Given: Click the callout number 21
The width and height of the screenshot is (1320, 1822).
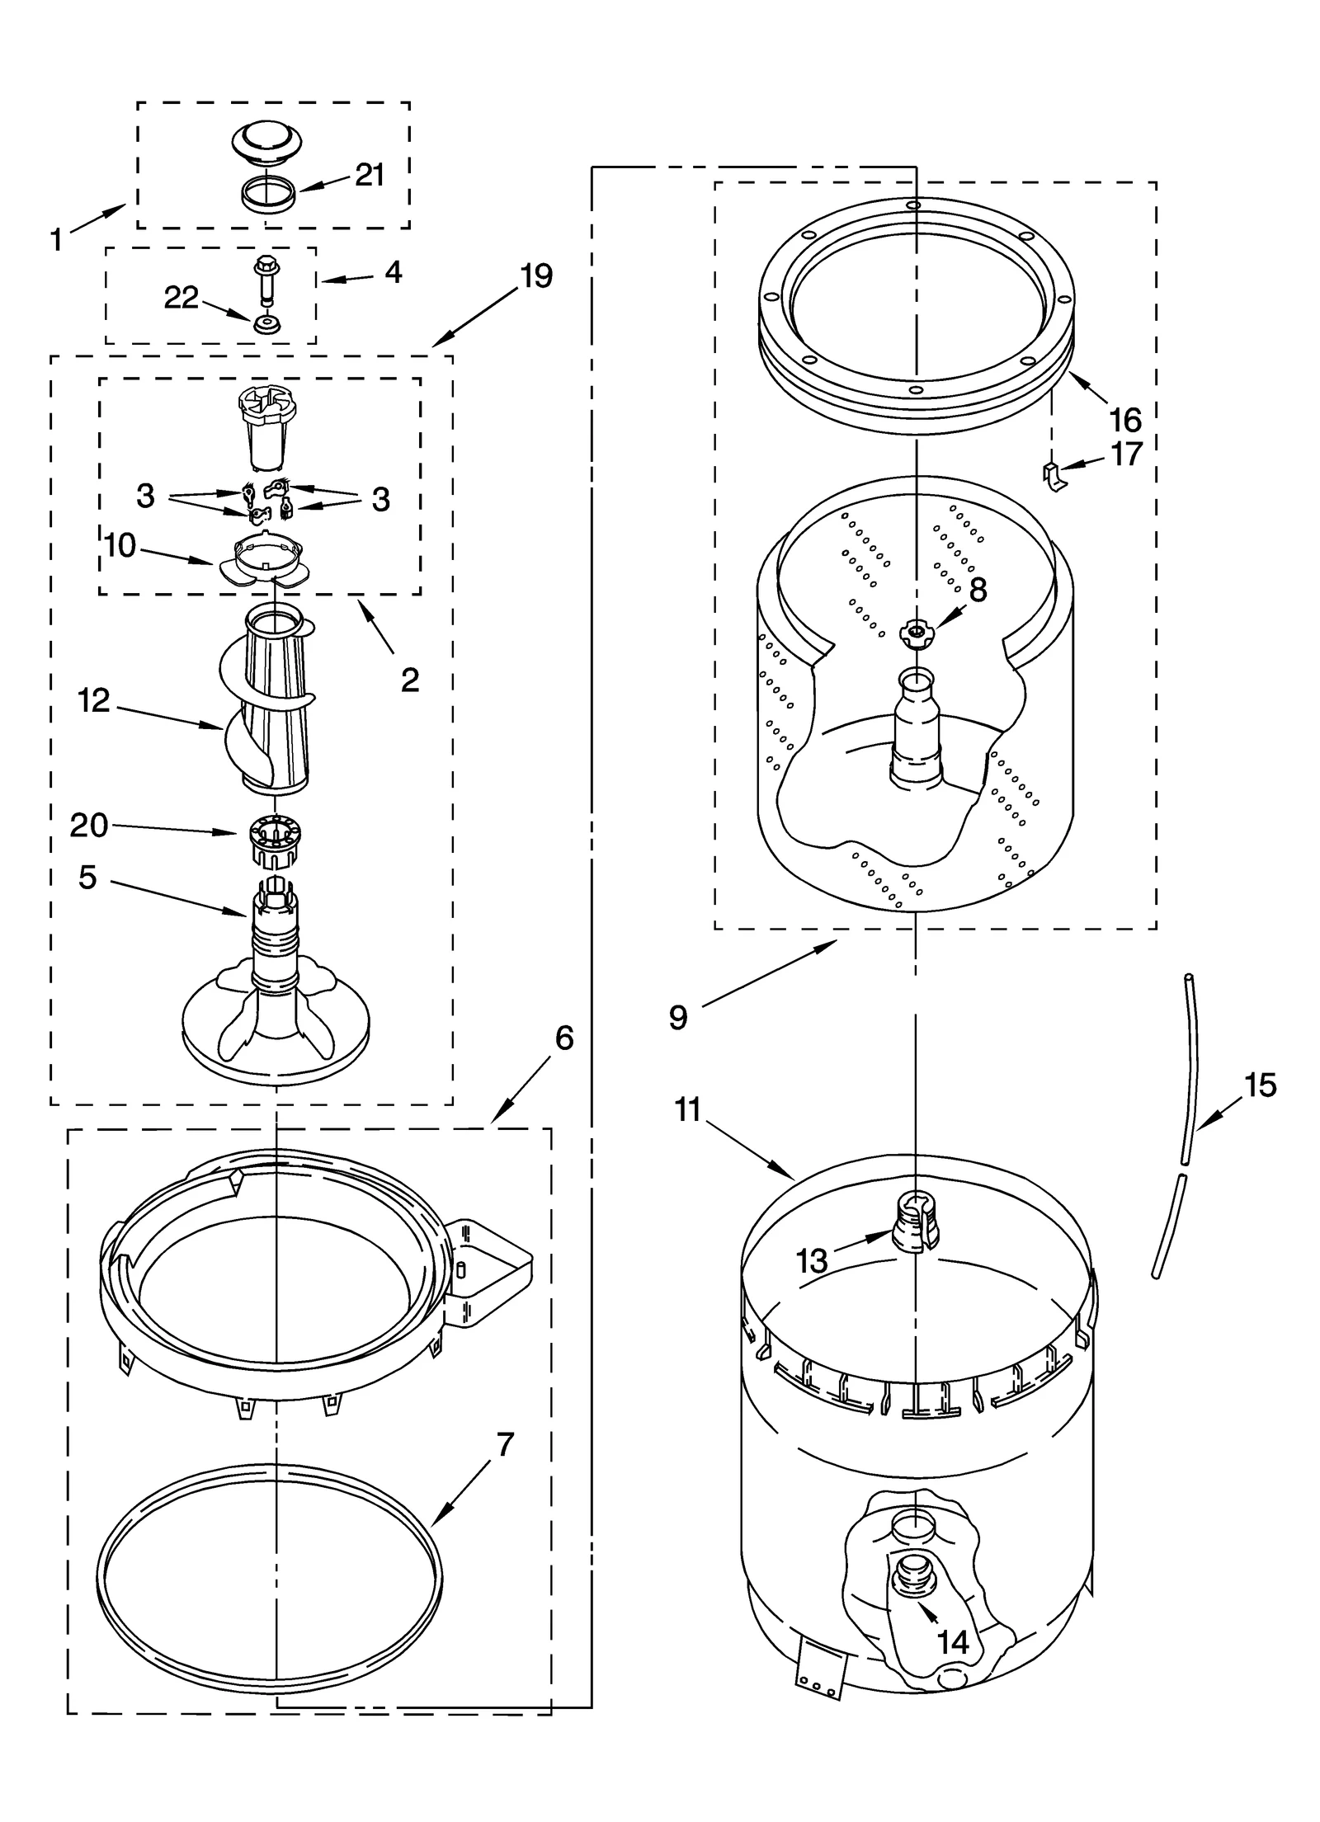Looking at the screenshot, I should pyautogui.click(x=370, y=175).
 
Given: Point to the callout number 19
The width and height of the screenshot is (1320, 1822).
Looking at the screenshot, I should pyautogui.click(x=536, y=275).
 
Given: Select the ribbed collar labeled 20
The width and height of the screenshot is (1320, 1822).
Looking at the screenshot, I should pyautogui.click(x=274, y=840).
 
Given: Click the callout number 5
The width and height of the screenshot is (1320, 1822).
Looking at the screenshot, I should pyautogui.click(x=87, y=877).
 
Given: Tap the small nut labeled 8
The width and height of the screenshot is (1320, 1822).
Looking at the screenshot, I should pyautogui.click(x=914, y=632).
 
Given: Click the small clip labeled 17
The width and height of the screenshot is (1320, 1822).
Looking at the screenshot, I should pyautogui.click(x=1052, y=476).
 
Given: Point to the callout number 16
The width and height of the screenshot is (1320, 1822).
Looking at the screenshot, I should pyautogui.click(x=1125, y=420).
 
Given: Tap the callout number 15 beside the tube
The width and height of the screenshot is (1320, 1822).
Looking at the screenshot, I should pyautogui.click(x=1260, y=1085).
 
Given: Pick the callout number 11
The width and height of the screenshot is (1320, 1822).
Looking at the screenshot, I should pyautogui.click(x=686, y=1110).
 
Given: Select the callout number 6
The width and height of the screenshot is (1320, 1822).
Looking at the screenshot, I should pyautogui.click(x=563, y=1038).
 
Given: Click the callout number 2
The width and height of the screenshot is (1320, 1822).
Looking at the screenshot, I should pyautogui.click(x=410, y=680).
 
